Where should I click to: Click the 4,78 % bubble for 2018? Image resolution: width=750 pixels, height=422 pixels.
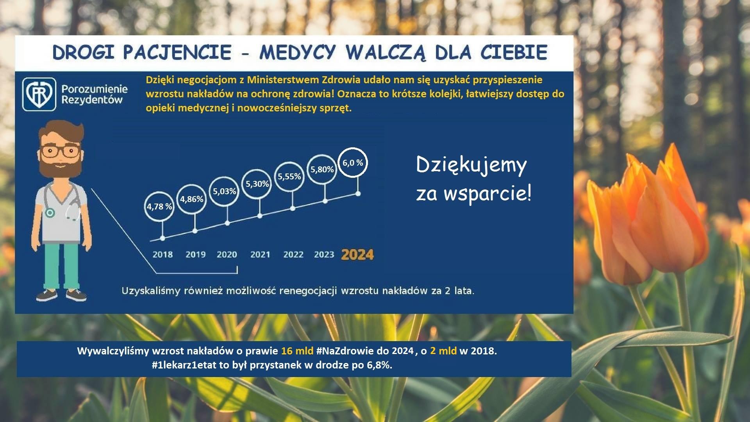(159, 206)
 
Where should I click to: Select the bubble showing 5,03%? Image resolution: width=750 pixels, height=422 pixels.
(224, 191)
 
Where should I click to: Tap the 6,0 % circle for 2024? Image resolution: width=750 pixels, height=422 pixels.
(353, 163)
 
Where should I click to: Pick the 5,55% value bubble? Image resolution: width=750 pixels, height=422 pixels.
(289, 177)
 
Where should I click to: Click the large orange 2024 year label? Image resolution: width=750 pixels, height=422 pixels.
(357, 255)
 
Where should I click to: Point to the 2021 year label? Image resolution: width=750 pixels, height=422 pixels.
(260, 255)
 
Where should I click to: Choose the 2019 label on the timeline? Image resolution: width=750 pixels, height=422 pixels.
(195, 255)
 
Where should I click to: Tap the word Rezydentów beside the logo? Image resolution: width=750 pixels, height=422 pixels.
(92, 100)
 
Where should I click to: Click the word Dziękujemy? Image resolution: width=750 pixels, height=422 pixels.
(471, 165)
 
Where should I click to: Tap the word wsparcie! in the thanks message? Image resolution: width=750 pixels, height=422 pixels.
(487, 193)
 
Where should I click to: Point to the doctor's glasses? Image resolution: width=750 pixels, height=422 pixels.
(60, 152)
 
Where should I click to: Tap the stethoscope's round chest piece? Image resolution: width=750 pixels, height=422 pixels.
(50, 213)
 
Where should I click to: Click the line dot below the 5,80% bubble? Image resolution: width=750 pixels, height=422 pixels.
(325, 201)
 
